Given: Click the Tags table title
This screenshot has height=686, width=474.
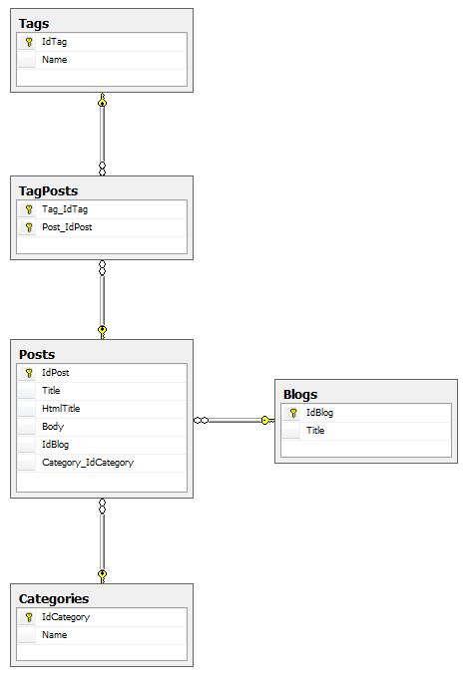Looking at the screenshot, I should click(x=34, y=23).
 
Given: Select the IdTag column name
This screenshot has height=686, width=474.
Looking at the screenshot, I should click(x=54, y=42).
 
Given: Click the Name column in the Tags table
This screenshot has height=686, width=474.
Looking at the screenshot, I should click(x=54, y=60).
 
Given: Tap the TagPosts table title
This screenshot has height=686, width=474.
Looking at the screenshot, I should click(x=48, y=190).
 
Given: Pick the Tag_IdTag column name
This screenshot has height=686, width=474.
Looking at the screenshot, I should click(x=65, y=209).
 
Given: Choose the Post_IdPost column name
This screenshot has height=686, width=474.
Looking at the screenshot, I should click(x=68, y=227).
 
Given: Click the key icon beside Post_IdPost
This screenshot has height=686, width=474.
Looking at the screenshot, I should click(x=29, y=227).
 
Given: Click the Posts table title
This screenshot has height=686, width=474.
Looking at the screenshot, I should click(x=37, y=354).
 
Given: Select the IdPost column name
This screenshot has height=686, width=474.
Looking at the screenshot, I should click(x=55, y=373).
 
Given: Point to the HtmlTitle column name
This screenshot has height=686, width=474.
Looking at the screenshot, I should click(x=61, y=409).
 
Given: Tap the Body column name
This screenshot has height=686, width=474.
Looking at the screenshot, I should click(x=52, y=427).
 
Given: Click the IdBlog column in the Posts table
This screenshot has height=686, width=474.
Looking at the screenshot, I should click(x=55, y=445).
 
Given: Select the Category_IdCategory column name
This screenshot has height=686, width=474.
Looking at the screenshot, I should click(x=87, y=463).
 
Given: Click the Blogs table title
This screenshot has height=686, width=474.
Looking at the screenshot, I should click(x=300, y=394).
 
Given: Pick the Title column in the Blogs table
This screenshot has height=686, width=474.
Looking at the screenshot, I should click(x=315, y=431).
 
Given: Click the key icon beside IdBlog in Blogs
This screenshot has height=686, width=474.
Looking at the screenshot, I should click(x=293, y=413).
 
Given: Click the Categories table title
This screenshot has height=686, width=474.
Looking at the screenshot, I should click(x=54, y=598).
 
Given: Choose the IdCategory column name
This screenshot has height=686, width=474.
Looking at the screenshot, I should click(x=65, y=617).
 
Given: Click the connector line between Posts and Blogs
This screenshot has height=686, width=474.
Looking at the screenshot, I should click(x=235, y=421).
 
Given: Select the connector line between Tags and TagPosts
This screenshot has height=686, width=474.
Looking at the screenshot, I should click(x=102, y=135).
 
